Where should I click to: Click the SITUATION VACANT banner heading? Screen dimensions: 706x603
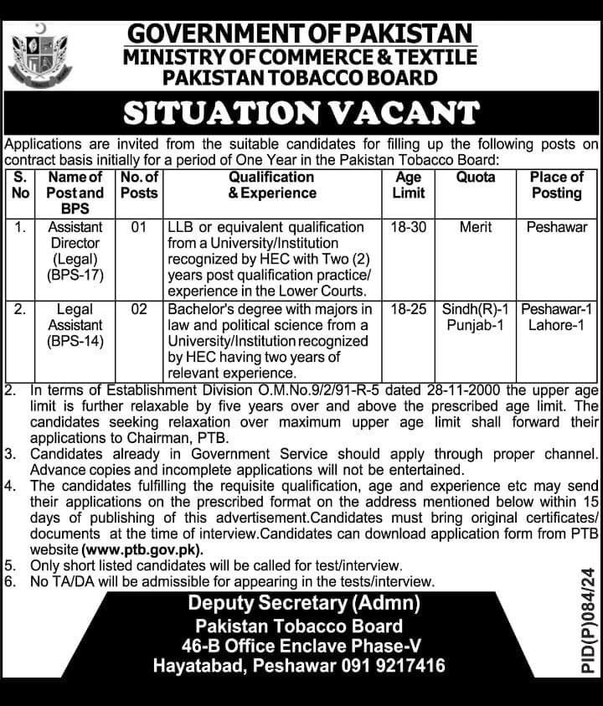(x=301, y=112)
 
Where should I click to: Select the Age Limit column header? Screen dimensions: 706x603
(x=408, y=185)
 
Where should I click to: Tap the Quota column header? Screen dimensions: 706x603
(x=476, y=178)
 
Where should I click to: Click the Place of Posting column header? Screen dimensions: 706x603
(x=556, y=185)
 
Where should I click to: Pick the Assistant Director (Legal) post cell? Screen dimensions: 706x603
(x=75, y=250)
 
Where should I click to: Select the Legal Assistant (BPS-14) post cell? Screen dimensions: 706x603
(x=75, y=325)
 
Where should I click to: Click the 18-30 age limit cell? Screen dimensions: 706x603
(x=408, y=228)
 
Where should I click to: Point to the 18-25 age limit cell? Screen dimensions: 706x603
(x=408, y=310)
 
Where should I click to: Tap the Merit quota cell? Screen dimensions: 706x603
(x=476, y=228)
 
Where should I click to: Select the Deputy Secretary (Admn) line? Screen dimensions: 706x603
(x=304, y=603)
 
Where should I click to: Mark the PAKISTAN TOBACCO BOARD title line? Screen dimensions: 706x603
(x=300, y=78)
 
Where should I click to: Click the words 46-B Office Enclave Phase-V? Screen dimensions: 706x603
(x=303, y=646)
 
